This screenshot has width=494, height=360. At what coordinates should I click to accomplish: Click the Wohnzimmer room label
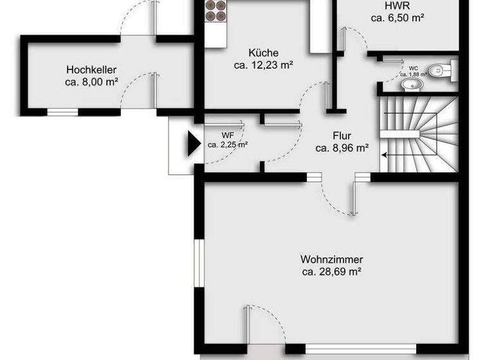tap(331, 260)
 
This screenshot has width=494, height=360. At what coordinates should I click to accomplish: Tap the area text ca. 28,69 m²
tap(331, 272)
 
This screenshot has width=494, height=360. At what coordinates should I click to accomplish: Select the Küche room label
tap(263, 53)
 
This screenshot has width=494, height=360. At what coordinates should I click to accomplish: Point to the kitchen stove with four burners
tap(215, 12)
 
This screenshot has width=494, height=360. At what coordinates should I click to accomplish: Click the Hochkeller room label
tap(91, 69)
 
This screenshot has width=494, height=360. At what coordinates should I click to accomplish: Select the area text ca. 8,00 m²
tap(91, 82)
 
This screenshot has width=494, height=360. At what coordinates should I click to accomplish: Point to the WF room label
tap(227, 136)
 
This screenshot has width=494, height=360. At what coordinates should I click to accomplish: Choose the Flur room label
tap(342, 136)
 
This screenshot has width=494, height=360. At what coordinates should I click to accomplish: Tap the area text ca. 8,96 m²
tap(342, 148)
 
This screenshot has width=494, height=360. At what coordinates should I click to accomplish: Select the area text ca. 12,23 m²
tap(263, 65)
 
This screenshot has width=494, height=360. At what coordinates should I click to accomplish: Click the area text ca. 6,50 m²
tap(398, 19)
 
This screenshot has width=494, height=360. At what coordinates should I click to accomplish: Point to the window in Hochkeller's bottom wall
tap(62, 112)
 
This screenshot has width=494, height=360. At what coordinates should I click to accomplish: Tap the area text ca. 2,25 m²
tap(227, 145)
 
